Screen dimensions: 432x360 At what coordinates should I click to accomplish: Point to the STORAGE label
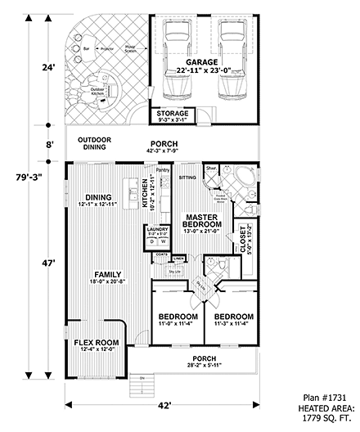pos(172,114)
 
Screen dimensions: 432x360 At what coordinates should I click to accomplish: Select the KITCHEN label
pos(144,193)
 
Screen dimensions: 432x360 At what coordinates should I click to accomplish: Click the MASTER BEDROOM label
pos(201,220)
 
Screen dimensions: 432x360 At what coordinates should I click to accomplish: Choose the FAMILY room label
pos(107,274)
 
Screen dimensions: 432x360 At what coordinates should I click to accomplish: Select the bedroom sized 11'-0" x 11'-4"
pos(177,317)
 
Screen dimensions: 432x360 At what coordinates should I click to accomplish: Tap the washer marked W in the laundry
pos(163,242)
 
